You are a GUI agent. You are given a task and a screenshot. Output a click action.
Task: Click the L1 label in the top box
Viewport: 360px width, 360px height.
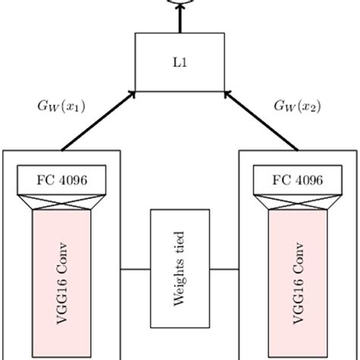(179, 63)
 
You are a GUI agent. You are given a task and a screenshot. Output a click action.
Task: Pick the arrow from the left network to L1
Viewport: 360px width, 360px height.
(99, 119)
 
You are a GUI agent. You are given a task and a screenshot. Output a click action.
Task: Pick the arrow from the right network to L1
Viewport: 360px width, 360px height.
(261, 119)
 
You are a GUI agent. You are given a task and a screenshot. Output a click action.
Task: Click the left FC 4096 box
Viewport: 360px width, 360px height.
(62, 181)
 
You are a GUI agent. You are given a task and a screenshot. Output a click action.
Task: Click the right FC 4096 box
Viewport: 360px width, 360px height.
(298, 181)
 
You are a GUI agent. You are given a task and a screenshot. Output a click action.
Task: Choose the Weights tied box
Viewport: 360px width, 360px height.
(180, 269)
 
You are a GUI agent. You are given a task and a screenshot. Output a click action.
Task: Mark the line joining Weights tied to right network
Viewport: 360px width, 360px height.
(225, 269)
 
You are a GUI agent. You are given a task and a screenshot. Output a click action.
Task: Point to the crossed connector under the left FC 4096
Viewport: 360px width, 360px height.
(62, 202)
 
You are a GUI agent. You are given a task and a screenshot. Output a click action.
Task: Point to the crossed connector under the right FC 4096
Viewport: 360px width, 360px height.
(298, 202)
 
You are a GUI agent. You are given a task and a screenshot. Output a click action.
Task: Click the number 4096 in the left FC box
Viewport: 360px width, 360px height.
(71, 181)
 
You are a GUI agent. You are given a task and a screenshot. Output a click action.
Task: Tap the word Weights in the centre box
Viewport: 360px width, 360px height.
(180, 285)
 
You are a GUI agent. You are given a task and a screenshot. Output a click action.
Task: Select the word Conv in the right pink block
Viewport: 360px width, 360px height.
(298, 257)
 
